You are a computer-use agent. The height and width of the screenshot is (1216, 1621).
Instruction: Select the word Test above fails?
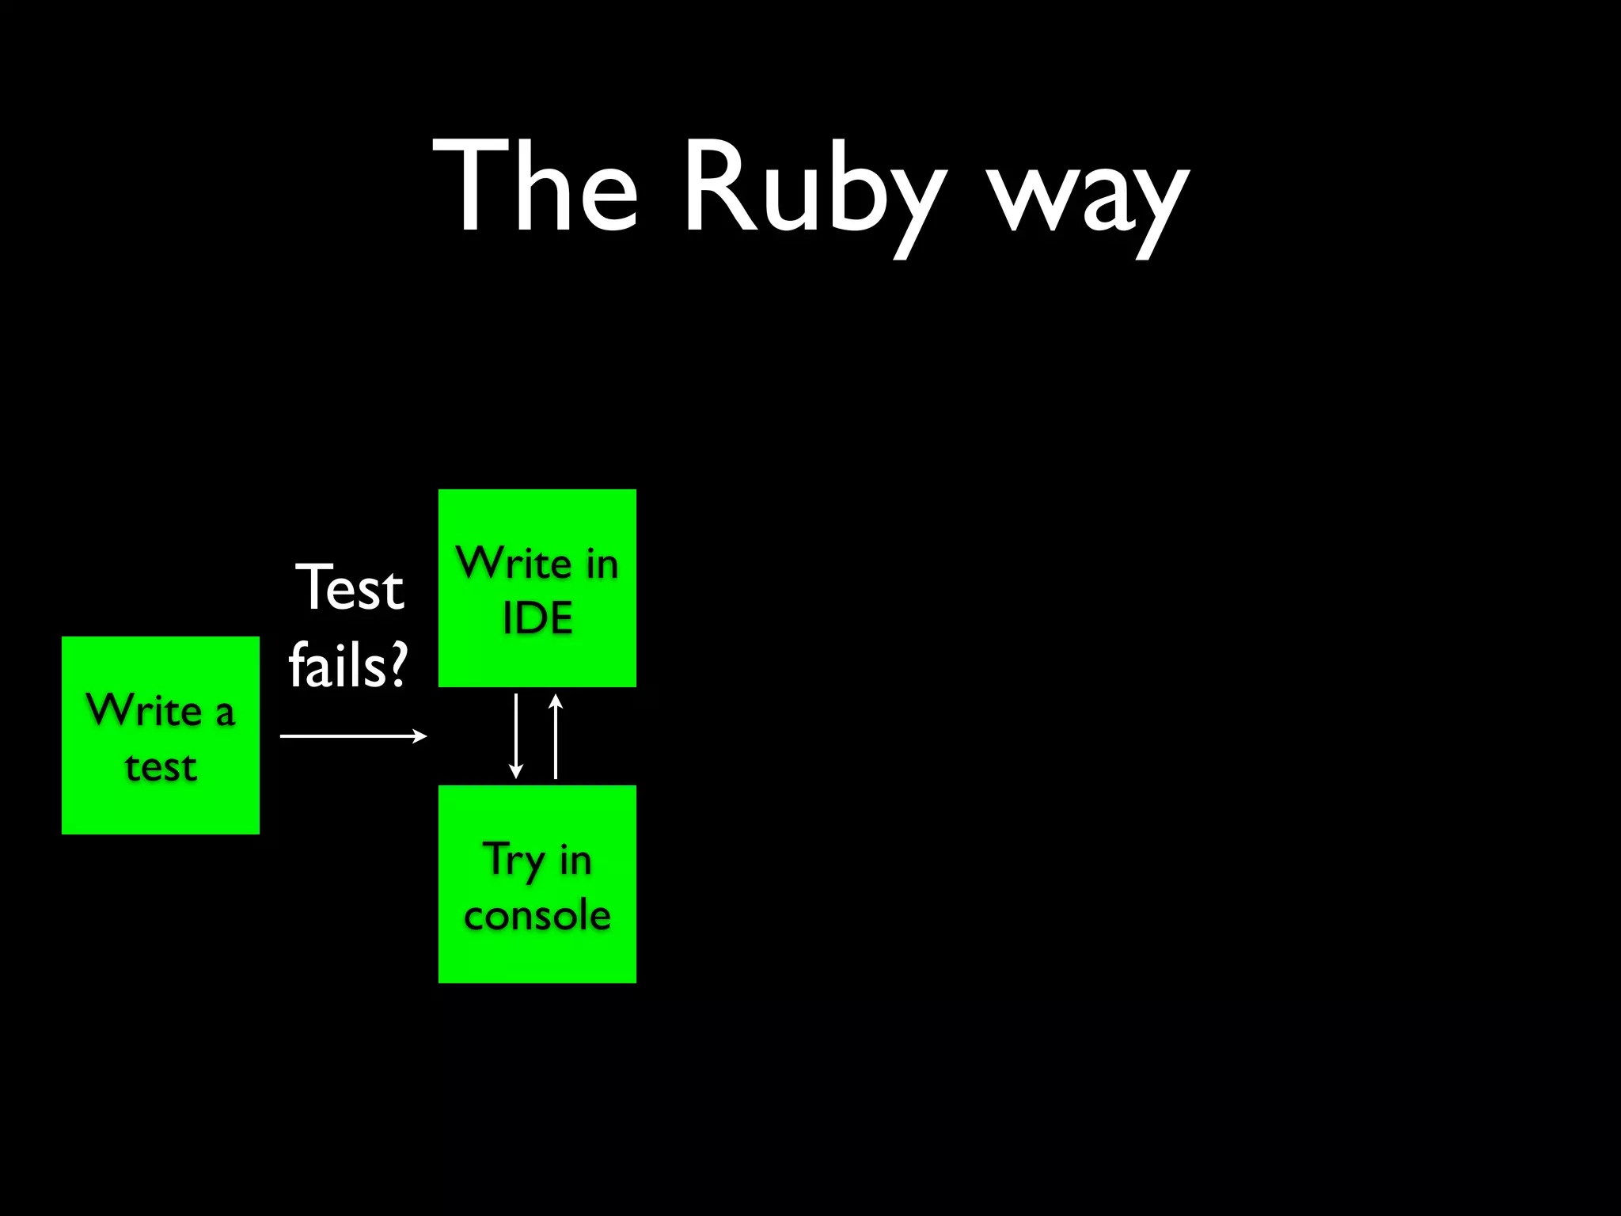click(x=350, y=587)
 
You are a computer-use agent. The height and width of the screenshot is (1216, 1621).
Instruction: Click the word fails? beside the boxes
click(x=348, y=665)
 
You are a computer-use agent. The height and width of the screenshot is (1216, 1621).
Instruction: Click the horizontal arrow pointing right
click(x=352, y=736)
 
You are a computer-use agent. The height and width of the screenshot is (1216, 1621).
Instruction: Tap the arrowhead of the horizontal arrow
click(x=421, y=736)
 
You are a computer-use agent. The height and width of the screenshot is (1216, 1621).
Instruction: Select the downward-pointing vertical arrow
click(x=516, y=736)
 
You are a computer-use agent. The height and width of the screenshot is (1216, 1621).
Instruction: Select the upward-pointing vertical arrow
click(x=556, y=736)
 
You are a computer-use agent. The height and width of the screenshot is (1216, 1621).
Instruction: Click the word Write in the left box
click(x=144, y=709)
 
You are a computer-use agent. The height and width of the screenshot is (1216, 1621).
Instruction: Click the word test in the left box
click(x=161, y=766)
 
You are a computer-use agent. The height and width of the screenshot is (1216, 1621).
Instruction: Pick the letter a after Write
click(x=225, y=712)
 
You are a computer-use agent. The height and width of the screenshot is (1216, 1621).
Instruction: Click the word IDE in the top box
click(x=537, y=617)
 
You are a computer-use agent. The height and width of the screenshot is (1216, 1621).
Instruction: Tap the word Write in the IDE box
click(x=514, y=563)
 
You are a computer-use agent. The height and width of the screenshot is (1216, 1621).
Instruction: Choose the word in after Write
click(x=602, y=564)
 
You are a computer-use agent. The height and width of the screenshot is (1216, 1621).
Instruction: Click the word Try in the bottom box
click(x=514, y=860)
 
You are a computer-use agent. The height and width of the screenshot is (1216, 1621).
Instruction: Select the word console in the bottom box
click(x=537, y=915)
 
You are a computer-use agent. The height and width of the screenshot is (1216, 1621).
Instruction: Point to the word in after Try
click(x=575, y=860)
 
